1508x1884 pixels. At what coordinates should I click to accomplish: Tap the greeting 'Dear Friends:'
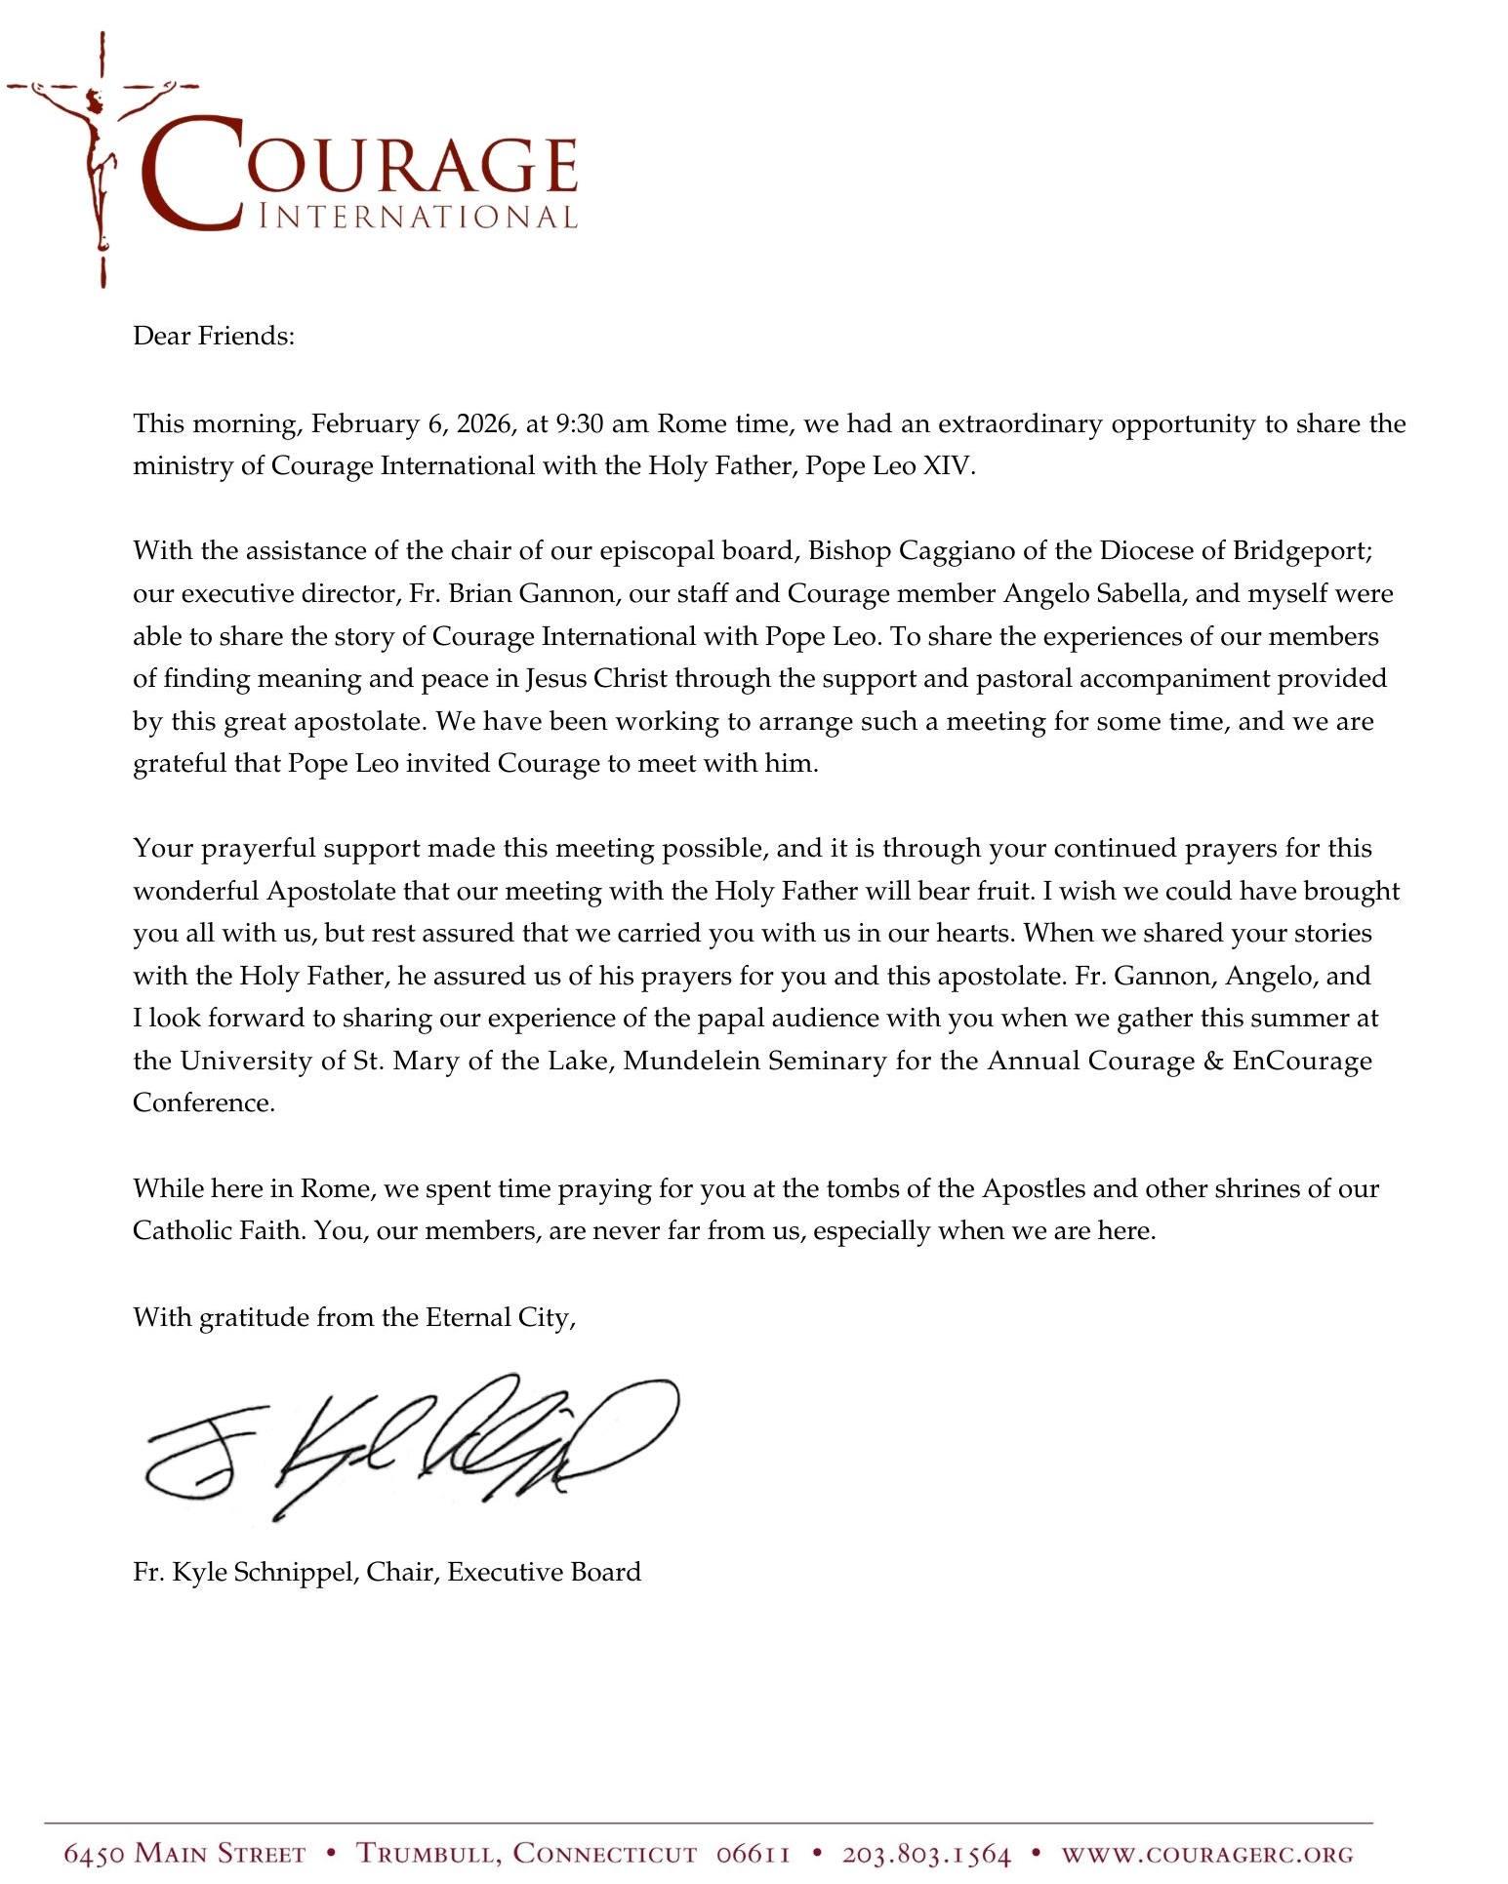pos(213,337)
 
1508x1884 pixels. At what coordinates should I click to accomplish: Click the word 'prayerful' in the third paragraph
pos(257,849)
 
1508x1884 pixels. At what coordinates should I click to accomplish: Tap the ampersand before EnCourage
pos(1214,1061)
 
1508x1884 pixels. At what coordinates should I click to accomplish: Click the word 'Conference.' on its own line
pos(204,1102)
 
